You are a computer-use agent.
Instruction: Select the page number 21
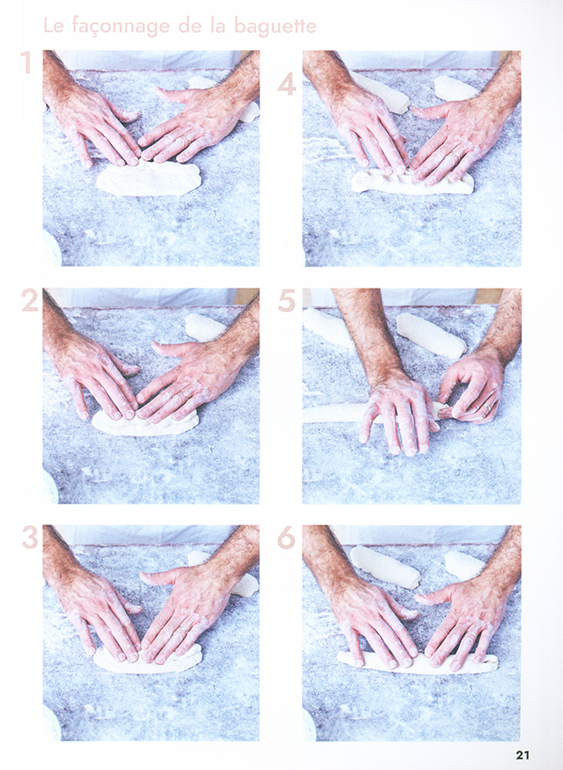523,755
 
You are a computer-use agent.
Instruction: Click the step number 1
26,62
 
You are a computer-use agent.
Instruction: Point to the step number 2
29,301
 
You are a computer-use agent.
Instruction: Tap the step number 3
30,538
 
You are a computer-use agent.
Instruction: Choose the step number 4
287,84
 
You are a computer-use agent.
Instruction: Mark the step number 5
287,301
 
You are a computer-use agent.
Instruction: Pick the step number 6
286,538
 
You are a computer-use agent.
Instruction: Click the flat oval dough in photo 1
150,180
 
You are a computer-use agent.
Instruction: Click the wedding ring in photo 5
488,407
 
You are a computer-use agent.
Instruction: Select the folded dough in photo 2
145,423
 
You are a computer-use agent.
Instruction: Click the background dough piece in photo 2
205,326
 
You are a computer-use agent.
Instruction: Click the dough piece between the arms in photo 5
431,335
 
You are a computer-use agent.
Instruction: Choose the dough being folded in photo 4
413,181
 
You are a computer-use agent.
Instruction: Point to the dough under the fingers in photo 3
147,657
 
